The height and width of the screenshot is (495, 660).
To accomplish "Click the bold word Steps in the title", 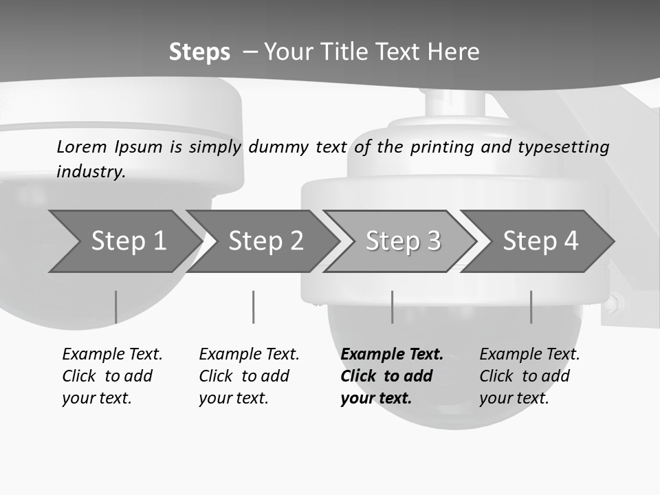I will pos(199,52).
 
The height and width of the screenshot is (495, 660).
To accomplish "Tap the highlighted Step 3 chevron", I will pos(403,241).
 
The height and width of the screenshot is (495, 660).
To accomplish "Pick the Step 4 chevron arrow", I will pos(540,241).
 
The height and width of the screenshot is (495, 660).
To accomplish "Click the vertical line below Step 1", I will pos(115,307).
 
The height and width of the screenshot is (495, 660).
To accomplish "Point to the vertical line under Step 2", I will pos(254,307).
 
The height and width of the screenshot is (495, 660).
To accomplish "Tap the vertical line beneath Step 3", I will pos(392,307).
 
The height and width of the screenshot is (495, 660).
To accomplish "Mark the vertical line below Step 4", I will pos(531,307).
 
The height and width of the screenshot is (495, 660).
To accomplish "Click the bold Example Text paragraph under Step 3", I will pos(391,376).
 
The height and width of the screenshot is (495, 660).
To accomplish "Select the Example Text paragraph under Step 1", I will pos(112,376).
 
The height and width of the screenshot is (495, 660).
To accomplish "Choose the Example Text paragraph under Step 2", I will pos(249,376).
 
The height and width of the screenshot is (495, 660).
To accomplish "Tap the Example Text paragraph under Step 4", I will pos(529,376).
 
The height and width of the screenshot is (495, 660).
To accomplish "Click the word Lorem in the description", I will pos(82,146).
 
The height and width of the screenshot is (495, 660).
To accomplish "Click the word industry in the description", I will pos(91,171).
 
